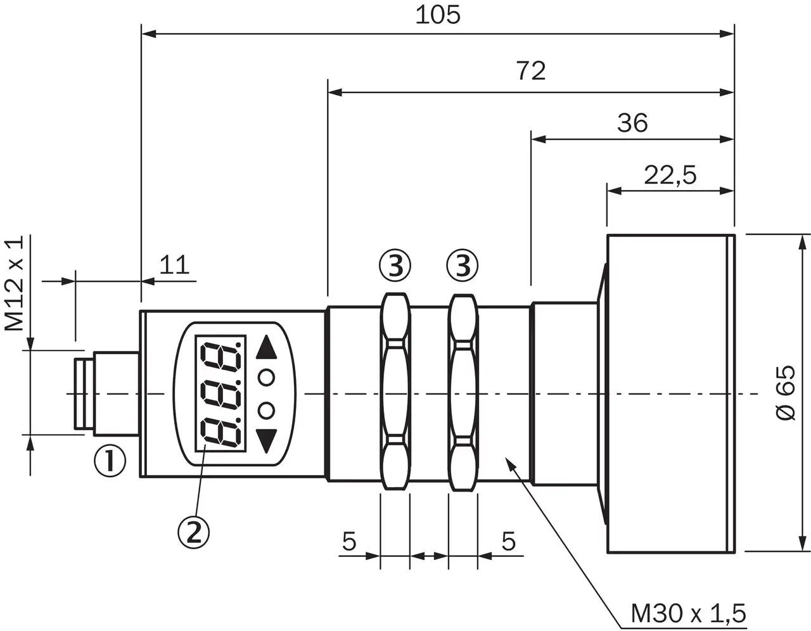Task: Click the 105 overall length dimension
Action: [438, 16]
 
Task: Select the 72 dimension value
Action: [531, 71]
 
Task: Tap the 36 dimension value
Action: [632, 123]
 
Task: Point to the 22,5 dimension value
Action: [670, 175]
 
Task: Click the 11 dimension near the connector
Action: [174, 265]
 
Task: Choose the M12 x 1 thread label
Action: [14, 283]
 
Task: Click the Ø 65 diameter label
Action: [785, 393]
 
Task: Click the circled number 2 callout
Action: [193, 533]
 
